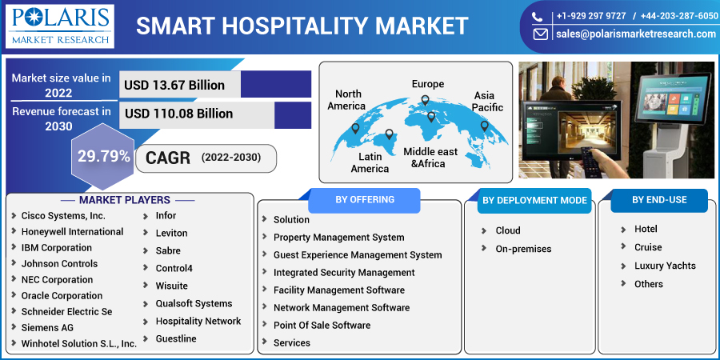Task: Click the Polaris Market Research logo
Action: click(60, 26)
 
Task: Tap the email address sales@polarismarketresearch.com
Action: click(636, 34)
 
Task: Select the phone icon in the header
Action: click(538, 17)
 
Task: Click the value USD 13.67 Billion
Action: click(174, 85)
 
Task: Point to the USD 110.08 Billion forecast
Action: click(178, 114)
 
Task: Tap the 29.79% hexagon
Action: click(103, 157)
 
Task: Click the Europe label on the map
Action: click(427, 84)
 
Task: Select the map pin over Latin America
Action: click(389, 134)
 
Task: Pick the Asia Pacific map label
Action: click(488, 102)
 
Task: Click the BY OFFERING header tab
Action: click(365, 200)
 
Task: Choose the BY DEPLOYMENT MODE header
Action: click(534, 201)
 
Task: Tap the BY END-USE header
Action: click(659, 200)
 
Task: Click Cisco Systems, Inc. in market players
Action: click(63, 215)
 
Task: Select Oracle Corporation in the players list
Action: click(62, 295)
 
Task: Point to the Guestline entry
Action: click(176, 338)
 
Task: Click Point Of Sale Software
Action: click(322, 325)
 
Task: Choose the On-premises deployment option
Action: click(523, 249)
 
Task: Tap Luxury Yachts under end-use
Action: click(665, 266)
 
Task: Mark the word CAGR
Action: click(168, 158)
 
